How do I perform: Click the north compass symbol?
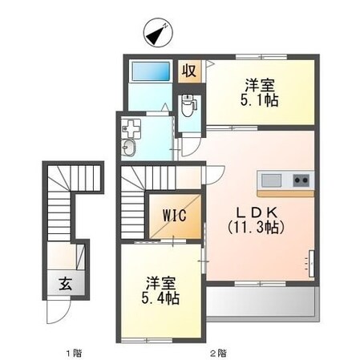(x=158, y=33)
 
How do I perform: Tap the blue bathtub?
(x=151, y=71)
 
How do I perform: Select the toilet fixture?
(x=188, y=105)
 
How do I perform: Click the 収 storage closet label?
(x=189, y=71)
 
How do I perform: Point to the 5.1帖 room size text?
(x=259, y=101)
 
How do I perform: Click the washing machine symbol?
(x=131, y=129)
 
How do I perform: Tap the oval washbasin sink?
(x=129, y=148)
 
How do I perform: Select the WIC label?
(x=175, y=215)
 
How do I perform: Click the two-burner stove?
(x=301, y=180)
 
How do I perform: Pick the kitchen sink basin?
(x=271, y=180)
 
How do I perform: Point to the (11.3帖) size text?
(x=256, y=228)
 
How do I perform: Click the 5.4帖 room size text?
(x=160, y=298)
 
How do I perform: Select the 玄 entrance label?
(x=66, y=284)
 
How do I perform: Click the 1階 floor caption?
(x=74, y=354)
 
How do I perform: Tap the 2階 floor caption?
(x=218, y=354)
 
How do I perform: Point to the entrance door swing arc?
(x=66, y=315)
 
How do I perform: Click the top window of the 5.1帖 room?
(x=261, y=57)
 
